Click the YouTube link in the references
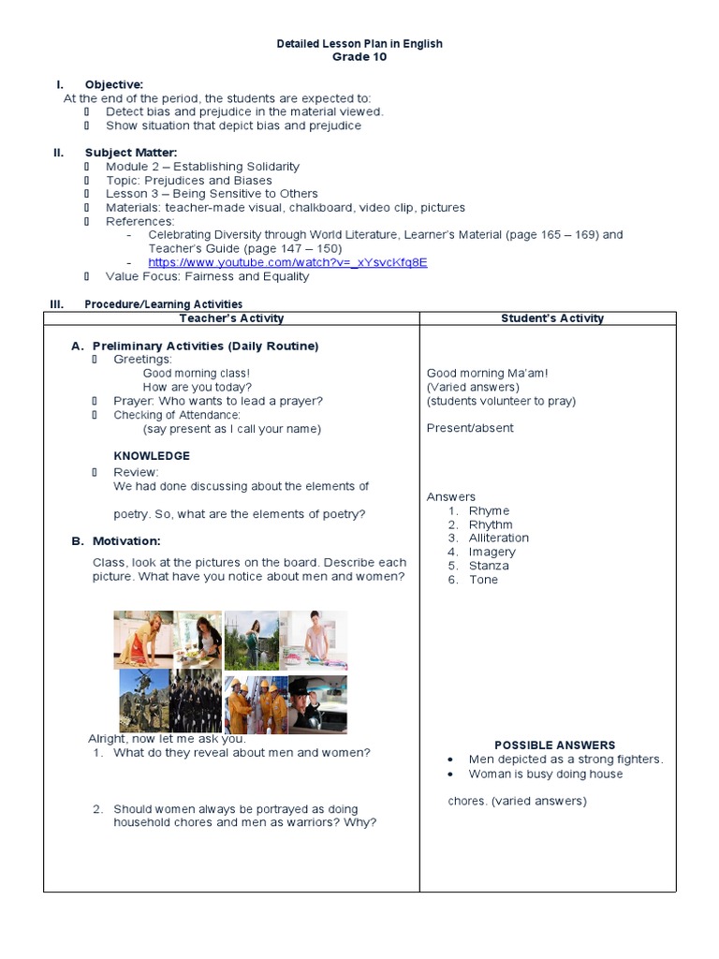[287, 262]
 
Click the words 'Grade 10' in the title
[359, 57]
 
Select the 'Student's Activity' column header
[552, 318]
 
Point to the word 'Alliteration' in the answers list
[498, 539]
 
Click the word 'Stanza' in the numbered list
[489, 566]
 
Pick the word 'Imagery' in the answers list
[492, 553]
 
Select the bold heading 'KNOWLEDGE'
[152, 456]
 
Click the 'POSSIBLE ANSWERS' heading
[554, 745]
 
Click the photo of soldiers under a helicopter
[143, 701]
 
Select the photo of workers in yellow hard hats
[256, 704]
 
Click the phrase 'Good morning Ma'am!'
[487, 373]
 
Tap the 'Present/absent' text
[470, 428]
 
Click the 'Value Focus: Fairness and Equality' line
[207, 276]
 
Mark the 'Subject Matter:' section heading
[130, 153]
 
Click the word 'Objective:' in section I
[113, 84]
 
